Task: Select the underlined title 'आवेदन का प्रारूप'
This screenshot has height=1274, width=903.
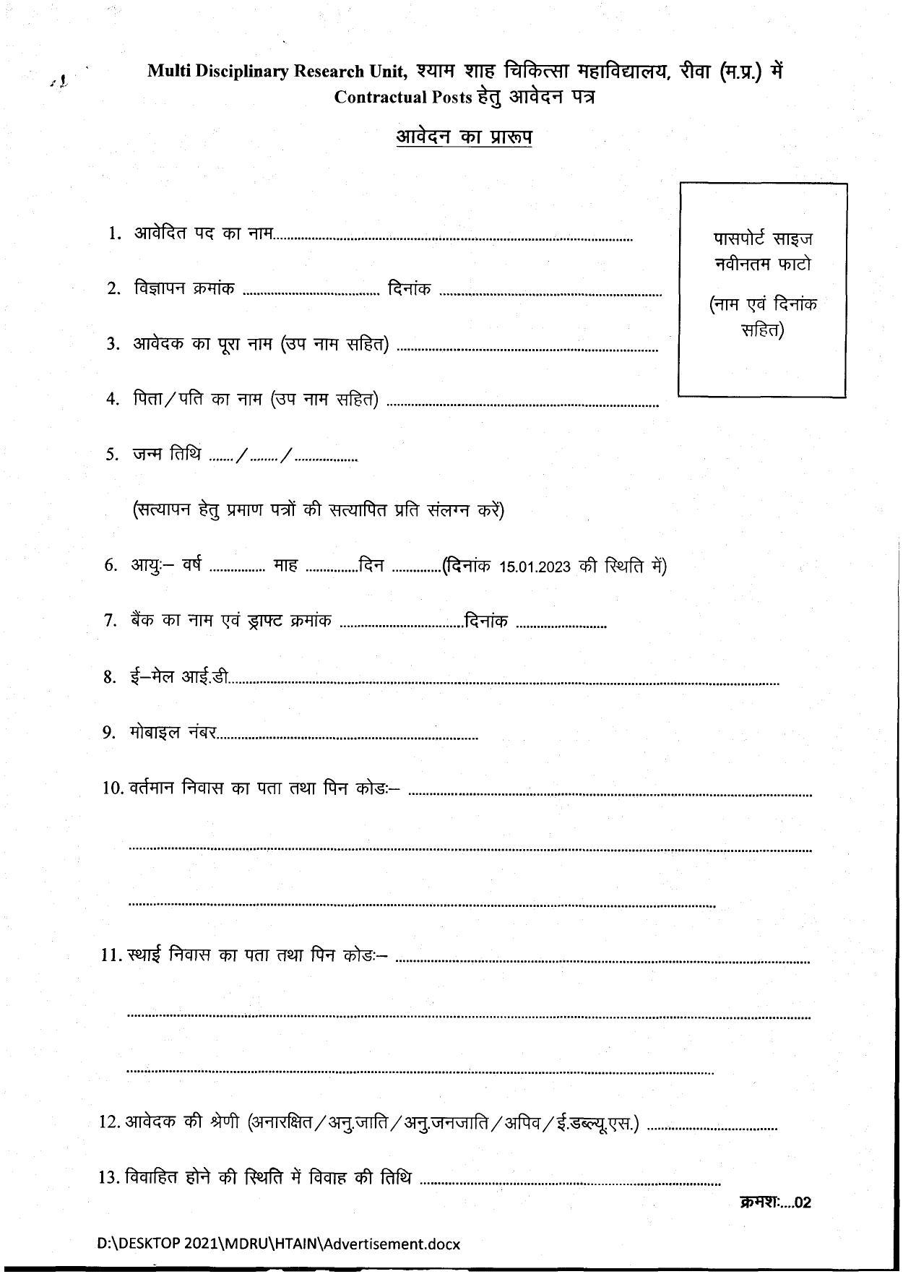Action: click(x=464, y=137)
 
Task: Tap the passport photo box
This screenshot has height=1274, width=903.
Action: click(x=762, y=290)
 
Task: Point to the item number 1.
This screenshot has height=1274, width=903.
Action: click(x=113, y=233)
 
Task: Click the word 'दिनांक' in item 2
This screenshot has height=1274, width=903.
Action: click(x=410, y=289)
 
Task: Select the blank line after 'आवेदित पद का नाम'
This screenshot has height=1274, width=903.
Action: click(x=453, y=238)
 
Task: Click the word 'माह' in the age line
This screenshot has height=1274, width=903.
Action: click(x=286, y=566)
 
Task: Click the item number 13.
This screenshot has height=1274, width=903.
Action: click(x=108, y=1178)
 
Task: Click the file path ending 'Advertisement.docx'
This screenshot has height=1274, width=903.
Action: click(x=279, y=1244)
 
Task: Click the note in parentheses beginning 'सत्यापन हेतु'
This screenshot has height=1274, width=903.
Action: click(x=319, y=511)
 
